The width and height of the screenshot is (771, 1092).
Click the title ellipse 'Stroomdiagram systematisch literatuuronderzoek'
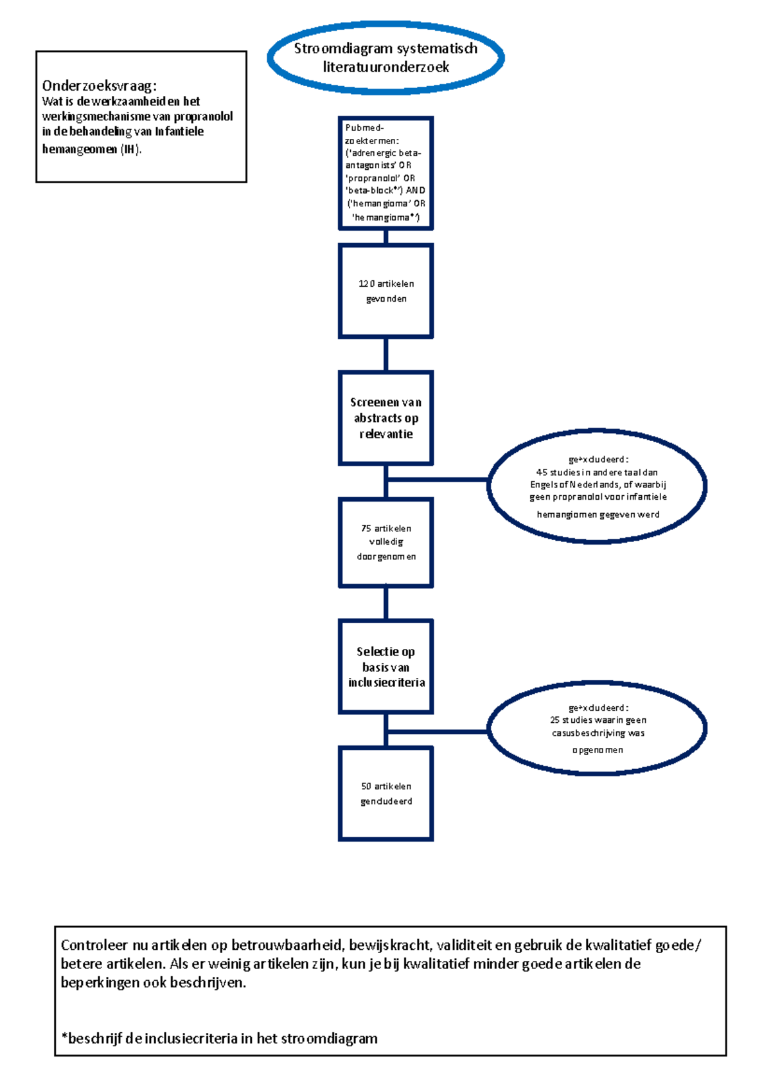click(385, 58)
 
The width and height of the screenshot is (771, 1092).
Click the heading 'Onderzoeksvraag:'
click(99, 86)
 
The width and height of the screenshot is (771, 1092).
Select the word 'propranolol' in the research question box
click(203, 116)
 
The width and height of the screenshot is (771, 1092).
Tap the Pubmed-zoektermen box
click(385, 172)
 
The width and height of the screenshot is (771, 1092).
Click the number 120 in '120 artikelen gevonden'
click(366, 284)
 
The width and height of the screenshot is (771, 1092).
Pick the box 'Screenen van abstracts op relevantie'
click(385, 417)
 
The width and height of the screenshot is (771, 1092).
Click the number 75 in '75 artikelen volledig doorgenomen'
click(366, 528)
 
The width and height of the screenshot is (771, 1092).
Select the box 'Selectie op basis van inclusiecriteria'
click(385, 666)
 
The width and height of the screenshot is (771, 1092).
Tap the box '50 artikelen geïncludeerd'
click(385, 794)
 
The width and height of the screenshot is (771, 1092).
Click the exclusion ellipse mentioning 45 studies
click(597, 487)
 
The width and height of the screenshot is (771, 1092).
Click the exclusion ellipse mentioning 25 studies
click(597, 728)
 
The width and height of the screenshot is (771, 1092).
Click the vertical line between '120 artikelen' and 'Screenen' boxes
click(385, 354)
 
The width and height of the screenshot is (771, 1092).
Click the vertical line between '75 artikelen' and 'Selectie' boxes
click(385, 603)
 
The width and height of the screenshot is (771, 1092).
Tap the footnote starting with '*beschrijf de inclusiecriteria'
click(219, 1038)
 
